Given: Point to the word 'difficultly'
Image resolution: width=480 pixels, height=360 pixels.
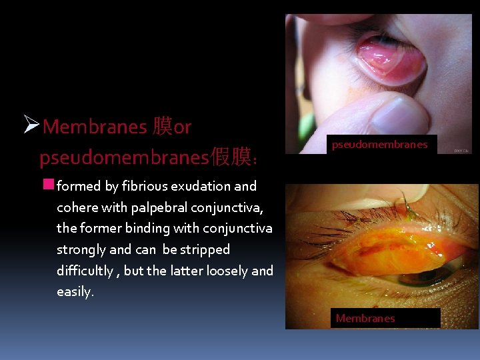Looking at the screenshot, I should [85, 271].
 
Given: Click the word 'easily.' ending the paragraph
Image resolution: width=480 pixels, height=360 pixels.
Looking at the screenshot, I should [75, 293].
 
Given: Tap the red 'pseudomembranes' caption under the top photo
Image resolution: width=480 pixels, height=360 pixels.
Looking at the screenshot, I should [380, 144].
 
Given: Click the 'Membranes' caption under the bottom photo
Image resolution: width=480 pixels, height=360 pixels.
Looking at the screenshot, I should [365, 319].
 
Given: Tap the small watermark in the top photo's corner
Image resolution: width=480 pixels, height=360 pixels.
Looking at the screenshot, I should [462, 151].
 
